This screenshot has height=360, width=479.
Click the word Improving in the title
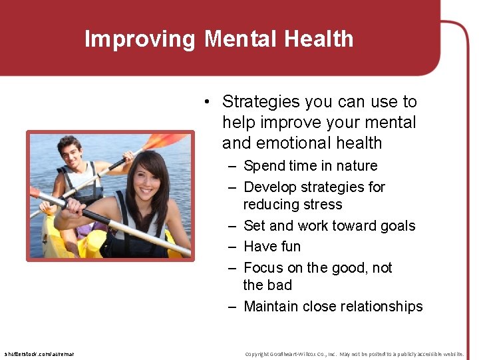tap(140, 39)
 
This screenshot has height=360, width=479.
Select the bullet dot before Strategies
tap(208, 102)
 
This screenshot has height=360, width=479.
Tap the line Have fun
tap(272, 247)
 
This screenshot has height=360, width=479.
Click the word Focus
tap(263, 268)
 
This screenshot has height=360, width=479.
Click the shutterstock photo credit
tap(39, 354)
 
